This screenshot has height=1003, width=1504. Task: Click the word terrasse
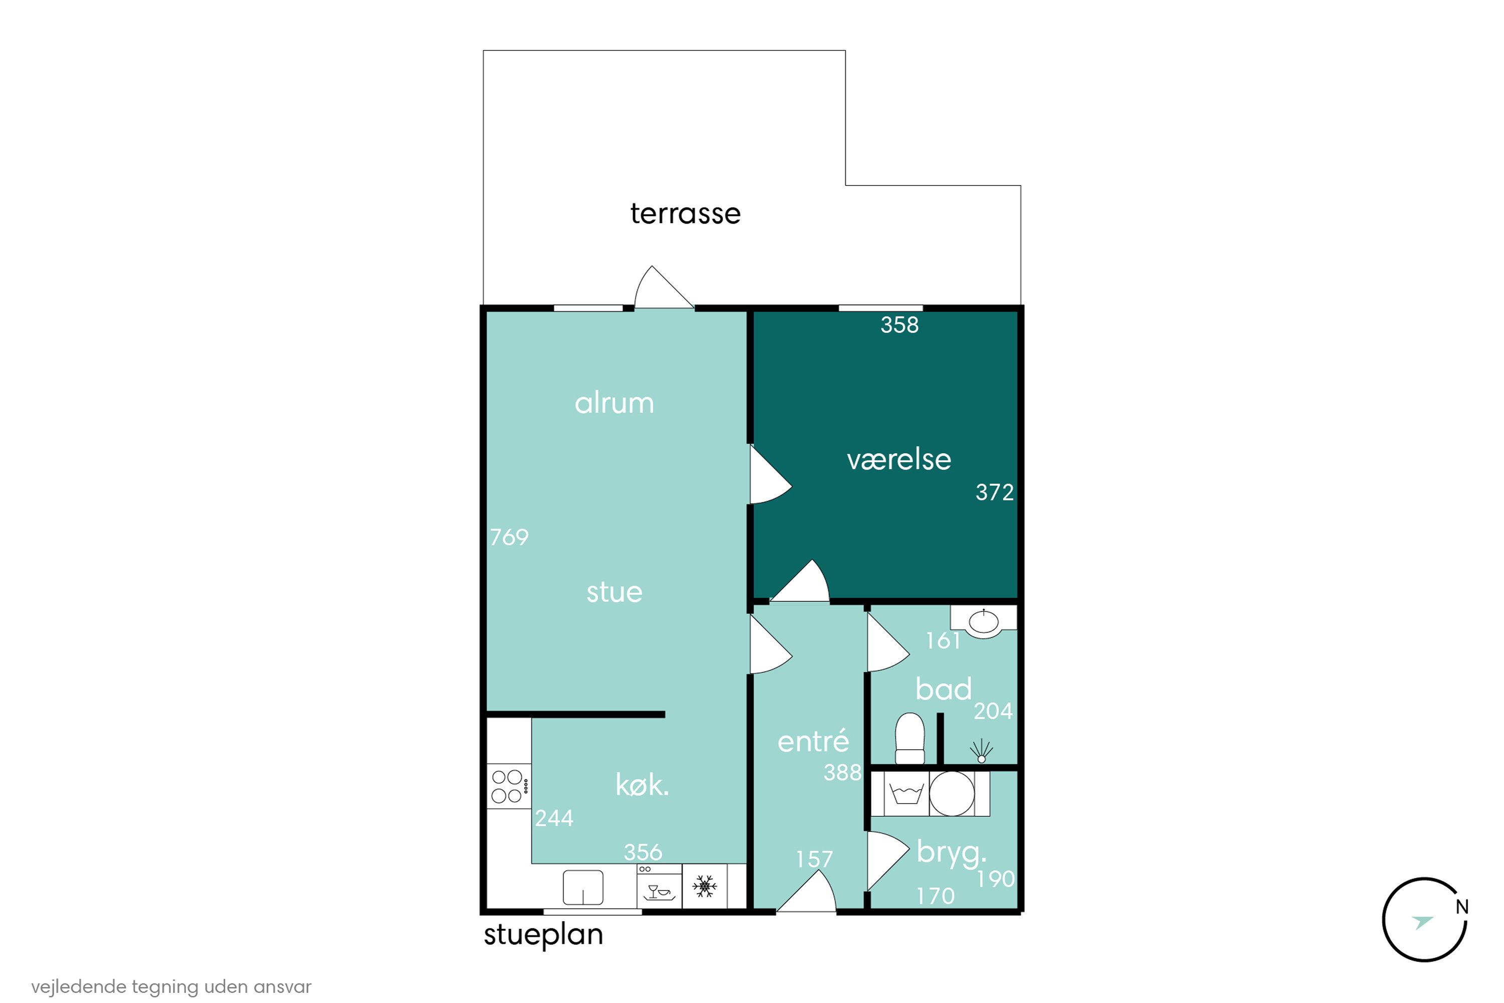pos(685,214)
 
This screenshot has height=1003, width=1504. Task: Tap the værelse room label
pos(898,459)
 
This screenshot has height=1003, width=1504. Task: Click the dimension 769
pos(509,537)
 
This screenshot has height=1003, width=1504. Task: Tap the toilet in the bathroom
pos(909,738)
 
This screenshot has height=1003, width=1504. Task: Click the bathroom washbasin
pos(984,621)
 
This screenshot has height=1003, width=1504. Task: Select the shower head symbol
pos(982,751)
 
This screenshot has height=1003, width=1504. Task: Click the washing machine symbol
pos(906,794)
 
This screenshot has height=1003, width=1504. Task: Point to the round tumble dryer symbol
pos(952,794)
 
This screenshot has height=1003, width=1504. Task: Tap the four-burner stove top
pos(508,786)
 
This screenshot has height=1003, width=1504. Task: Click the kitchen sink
pos(583,887)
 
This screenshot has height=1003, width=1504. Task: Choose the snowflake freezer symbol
pos(705,886)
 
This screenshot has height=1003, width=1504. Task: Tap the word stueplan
pos(543,935)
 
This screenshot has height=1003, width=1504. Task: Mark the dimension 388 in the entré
pos(842,773)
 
